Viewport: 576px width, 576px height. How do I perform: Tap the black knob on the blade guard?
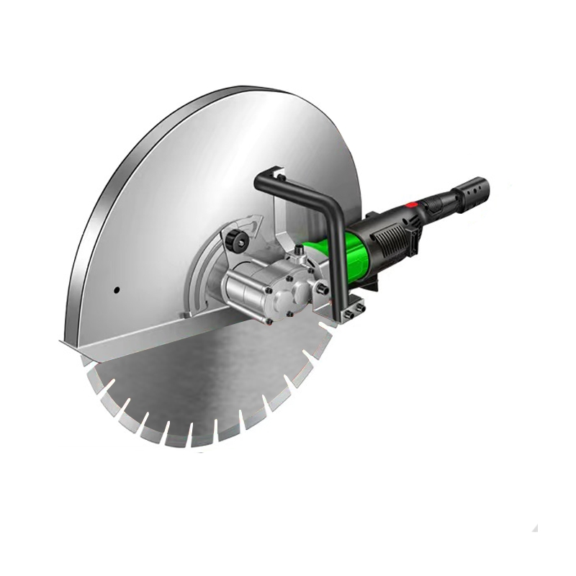235,239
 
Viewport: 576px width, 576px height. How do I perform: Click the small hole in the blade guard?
115,290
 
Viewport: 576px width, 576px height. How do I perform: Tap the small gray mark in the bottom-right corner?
535,528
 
